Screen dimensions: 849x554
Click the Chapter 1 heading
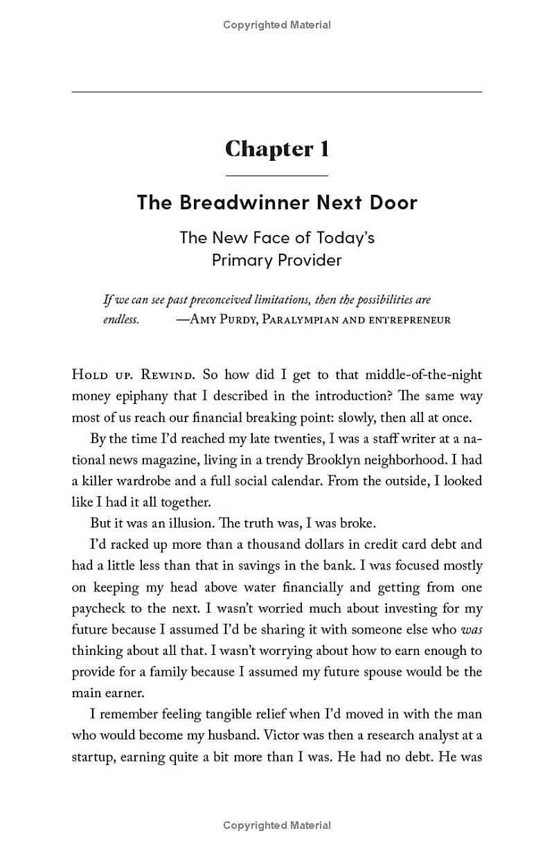276,149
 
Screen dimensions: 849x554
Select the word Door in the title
393,202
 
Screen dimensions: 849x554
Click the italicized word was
472,629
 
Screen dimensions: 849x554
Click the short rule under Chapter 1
276,175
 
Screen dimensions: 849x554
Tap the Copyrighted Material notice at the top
276,25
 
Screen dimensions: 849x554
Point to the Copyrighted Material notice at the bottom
276,825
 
